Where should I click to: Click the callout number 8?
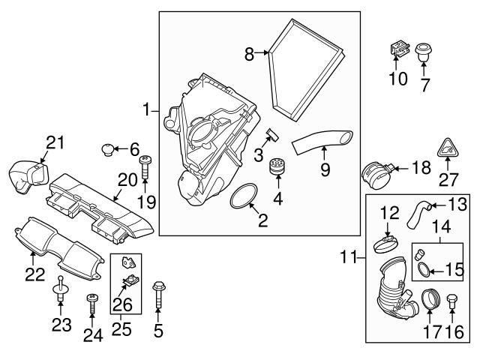pos(249,55)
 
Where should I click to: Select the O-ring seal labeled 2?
pos(243,196)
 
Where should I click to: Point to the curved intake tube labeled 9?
pos(322,142)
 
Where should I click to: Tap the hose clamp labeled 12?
pos(386,244)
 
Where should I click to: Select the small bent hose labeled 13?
pos(418,215)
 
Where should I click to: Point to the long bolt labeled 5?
pos(158,295)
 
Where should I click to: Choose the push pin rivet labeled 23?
pos(60,288)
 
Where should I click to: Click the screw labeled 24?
pos(91,304)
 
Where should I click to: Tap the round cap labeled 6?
pos(107,149)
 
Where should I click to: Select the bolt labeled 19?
pos(145,168)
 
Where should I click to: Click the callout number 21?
pos(55,142)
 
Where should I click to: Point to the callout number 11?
pos(349,257)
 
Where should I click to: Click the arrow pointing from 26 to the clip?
pos(122,290)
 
